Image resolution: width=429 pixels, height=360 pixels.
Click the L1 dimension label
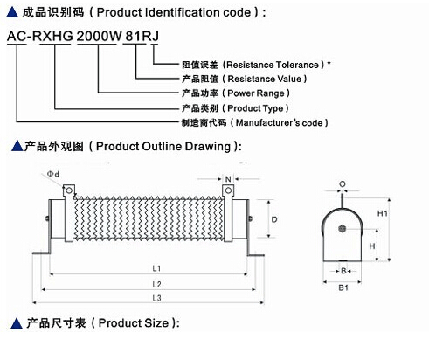(x=156, y=268)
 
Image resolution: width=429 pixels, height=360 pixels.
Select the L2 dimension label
(x=156, y=284)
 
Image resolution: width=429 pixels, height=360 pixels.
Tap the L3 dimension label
(x=156, y=298)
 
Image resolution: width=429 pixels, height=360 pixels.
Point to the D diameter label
(x=274, y=219)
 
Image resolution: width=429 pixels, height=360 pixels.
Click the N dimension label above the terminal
(x=228, y=179)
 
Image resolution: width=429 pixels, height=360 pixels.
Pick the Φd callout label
(x=53, y=174)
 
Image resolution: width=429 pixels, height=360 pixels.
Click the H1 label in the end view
(x=383, y=213)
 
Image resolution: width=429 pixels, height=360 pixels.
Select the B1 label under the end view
(x=343, y=287)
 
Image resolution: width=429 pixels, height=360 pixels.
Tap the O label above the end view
(x=343, y=184)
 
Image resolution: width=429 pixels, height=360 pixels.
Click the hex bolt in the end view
(x=343, y=229)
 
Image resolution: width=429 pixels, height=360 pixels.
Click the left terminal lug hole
(x=69, y=190)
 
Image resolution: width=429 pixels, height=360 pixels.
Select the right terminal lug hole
(x=228, y=190)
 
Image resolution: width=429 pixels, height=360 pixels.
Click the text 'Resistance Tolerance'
(x=273, y=65)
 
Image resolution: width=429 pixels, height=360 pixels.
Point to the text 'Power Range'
(x=256, y=93)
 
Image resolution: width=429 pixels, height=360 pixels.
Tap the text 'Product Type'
(x=255, y=108)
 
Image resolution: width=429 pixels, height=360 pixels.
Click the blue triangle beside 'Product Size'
(x=17, y=323)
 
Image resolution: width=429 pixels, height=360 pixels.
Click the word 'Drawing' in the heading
(x=208, y=147)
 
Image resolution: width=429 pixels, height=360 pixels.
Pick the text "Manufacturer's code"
(x=279, y=122)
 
